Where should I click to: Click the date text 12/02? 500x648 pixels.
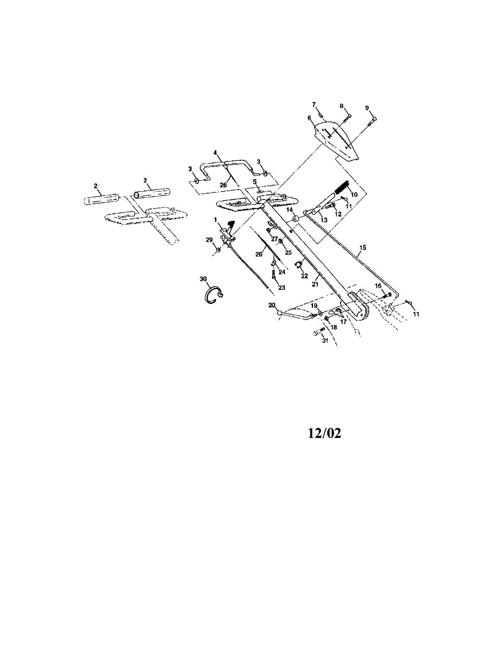(324, 434)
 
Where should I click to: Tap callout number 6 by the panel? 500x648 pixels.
(310, 118)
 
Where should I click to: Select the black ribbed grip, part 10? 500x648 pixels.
(344, 188)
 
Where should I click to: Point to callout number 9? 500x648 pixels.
(367, 107)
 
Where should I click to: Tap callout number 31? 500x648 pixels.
(325, 341)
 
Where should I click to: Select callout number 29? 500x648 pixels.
(210, 240)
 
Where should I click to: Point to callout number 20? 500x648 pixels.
(272, 305)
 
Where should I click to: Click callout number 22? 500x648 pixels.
(304, 275)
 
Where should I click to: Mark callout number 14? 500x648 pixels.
(289, 210)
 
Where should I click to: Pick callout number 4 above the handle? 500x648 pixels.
(215, 153)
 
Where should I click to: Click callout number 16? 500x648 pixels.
(378, 286)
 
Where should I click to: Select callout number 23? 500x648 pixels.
(281, 288)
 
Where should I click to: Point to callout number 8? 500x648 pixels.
(342, 106)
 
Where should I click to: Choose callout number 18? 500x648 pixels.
(334, 327)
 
